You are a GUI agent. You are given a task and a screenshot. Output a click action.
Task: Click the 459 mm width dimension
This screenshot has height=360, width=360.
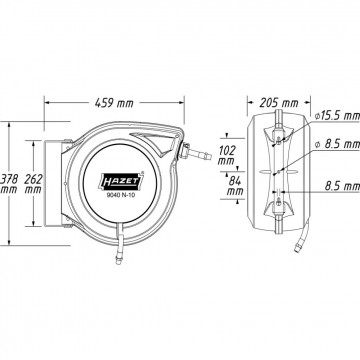tap(114, 103)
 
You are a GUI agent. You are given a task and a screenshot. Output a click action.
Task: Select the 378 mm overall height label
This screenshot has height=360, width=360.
tap(9, 184)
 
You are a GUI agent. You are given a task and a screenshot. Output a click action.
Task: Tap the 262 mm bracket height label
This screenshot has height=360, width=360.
tap(33, 184)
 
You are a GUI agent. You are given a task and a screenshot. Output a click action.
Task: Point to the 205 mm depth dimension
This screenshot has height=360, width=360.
tap(279, 103)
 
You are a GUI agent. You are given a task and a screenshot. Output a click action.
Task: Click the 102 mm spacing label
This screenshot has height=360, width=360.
tap(227, 155)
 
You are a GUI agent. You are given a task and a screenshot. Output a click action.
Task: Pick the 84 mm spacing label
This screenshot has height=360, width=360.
tap(235, 186)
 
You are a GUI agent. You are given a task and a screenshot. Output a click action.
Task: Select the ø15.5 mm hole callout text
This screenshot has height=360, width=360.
tap(337, 116)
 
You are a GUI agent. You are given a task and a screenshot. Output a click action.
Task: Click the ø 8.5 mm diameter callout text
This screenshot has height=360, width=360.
tap(337, 144)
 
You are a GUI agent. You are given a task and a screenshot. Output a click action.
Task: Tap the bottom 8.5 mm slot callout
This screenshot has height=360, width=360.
tap(342, 186)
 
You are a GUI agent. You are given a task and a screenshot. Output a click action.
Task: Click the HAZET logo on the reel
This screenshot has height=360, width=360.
tap(121, 182)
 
